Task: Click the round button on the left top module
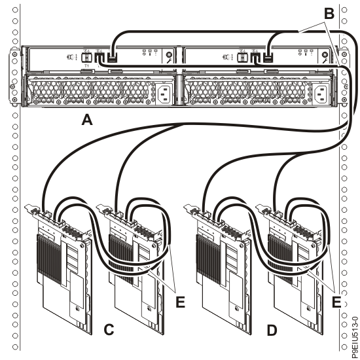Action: click(169, 58)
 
